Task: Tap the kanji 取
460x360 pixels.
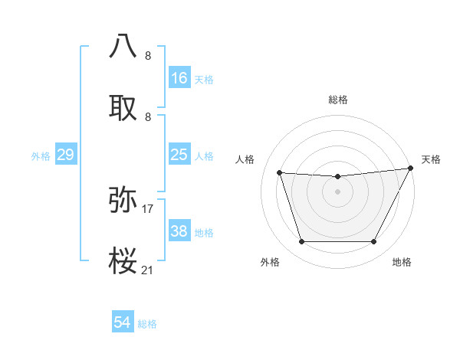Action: [124, 108]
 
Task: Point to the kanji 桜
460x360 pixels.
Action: [124, 261]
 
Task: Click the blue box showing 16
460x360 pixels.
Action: [179, 78]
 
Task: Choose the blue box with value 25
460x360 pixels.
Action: [179, 155]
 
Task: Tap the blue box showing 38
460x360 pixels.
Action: [179, 231]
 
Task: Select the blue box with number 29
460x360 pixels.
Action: [65, 155]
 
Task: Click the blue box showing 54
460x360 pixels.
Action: [123, 323]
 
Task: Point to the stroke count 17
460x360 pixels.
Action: [148, 208]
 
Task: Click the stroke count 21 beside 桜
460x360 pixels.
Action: [148, 270]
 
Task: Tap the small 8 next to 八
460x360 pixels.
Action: [148, 55]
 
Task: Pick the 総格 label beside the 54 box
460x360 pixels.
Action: [147, 324]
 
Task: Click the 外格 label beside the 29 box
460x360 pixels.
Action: [41, 156]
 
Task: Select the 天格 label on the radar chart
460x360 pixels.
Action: [431, 159]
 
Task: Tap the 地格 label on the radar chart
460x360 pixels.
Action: [402, 262]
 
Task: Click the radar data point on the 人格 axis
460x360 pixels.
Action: [279, 173]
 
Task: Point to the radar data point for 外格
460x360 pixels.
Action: [301, 242]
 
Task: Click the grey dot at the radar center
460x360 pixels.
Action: [337, 191]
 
